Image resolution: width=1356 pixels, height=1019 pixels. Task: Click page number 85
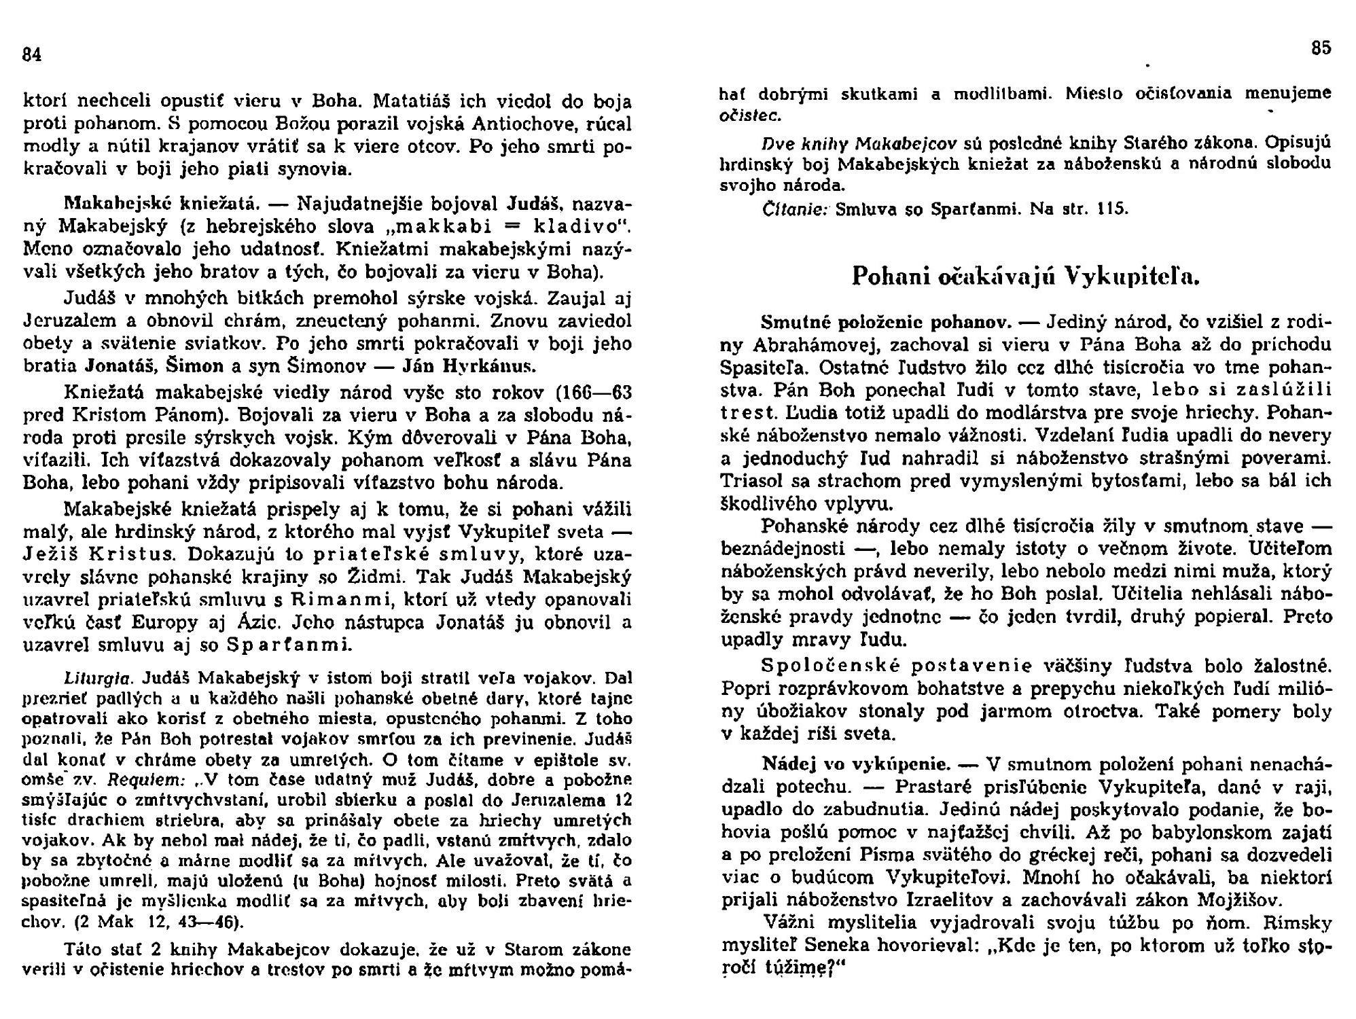pos(1321,49)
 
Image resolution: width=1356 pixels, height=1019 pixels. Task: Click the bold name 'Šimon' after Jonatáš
pos(200,366)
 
